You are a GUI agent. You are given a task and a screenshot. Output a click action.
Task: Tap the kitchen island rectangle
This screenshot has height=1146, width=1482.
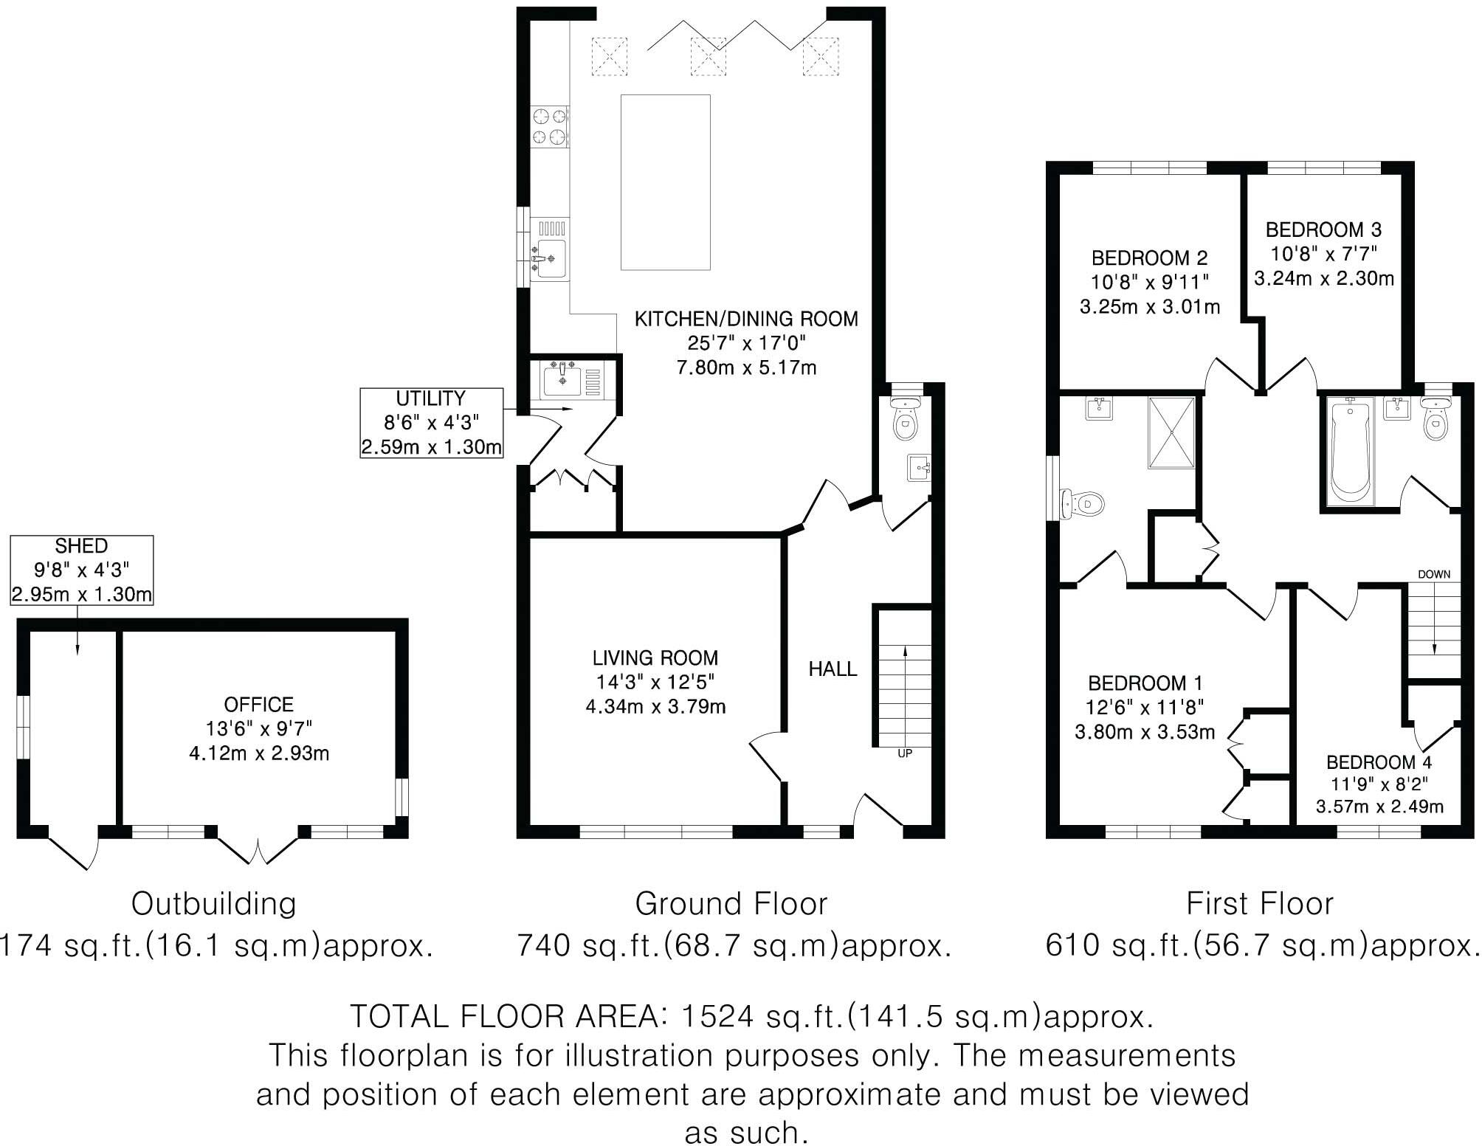pyautogui.click(x=665, y=182)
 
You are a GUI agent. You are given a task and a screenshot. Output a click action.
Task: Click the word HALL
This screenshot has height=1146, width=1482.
pyautogui.click(x=833, y=669)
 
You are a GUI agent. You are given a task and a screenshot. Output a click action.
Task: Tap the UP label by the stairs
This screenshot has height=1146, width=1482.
pyautogui.click(x=904, y=753)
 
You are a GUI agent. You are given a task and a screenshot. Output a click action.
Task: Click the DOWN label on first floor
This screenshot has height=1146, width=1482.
pyautogui.click(x=1433, y=574)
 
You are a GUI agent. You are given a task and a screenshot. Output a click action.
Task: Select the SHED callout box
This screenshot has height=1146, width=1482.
pyautogui.click(x=82, y=570)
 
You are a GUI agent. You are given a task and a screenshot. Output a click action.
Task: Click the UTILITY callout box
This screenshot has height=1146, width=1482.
pyautogui.click(x=432, y=423)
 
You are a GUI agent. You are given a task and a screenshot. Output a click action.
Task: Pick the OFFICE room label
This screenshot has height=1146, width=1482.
pyautogui.click(x=259, y=704)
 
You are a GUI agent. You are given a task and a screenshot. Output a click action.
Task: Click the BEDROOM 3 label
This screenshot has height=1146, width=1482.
pyautogui.click(x=1323, y=229)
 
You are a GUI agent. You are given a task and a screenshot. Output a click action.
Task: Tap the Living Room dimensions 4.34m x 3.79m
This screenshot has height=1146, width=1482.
pyautogui.click(x=655, y=707)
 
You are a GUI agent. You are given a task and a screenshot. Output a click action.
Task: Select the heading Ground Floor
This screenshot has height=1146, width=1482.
pyautogui.click(x=731, y=904)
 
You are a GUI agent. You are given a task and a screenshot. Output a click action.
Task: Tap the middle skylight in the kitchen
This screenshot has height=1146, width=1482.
pyautogui.click(x=708, y=55)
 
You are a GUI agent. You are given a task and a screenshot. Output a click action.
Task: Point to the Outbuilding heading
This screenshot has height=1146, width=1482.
pyautogui.click(x=214, y=904)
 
